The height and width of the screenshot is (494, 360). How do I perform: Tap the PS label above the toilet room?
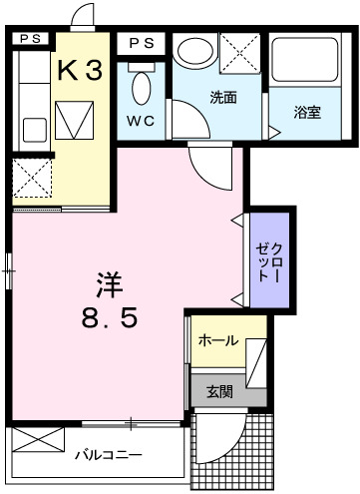point(142,43)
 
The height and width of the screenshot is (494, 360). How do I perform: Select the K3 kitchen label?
point(79,70)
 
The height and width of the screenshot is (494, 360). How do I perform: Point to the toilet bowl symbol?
point(141,87)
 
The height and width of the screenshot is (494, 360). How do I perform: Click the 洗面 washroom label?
point(221,98)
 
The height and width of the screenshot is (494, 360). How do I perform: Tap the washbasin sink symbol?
point(191,52)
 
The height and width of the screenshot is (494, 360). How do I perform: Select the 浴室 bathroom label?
point(307,111)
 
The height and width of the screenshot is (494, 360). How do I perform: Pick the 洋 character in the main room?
point(111,283)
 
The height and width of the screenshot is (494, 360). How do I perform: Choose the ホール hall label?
point(218,340)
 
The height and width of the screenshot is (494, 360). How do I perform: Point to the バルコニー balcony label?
point(110,455)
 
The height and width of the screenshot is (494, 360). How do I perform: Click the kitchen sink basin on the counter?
point(35,130)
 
